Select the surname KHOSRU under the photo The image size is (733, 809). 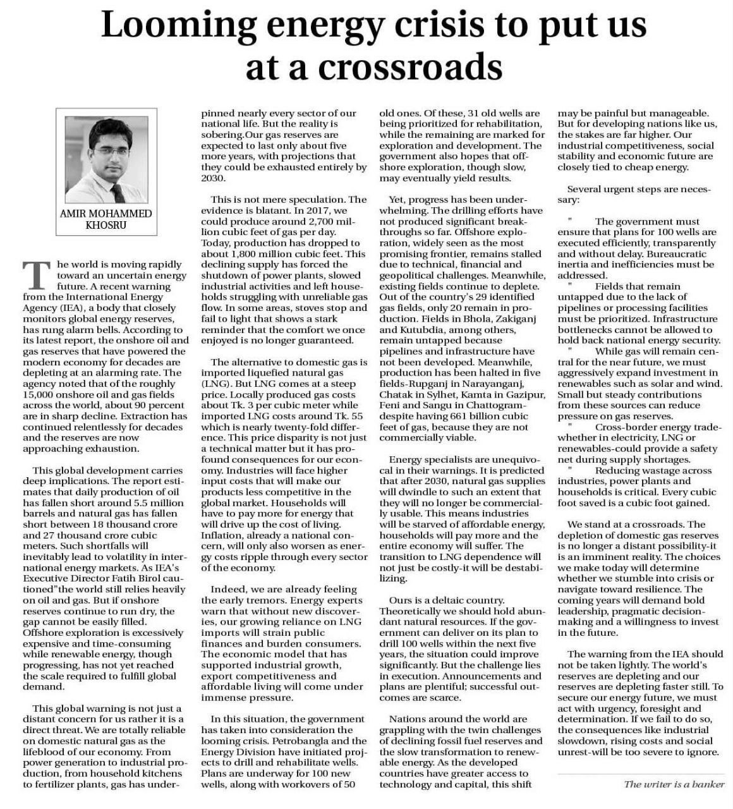tap(106, 225)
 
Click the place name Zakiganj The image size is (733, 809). tap(514, 319)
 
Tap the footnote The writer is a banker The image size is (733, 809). tap(674, 784)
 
